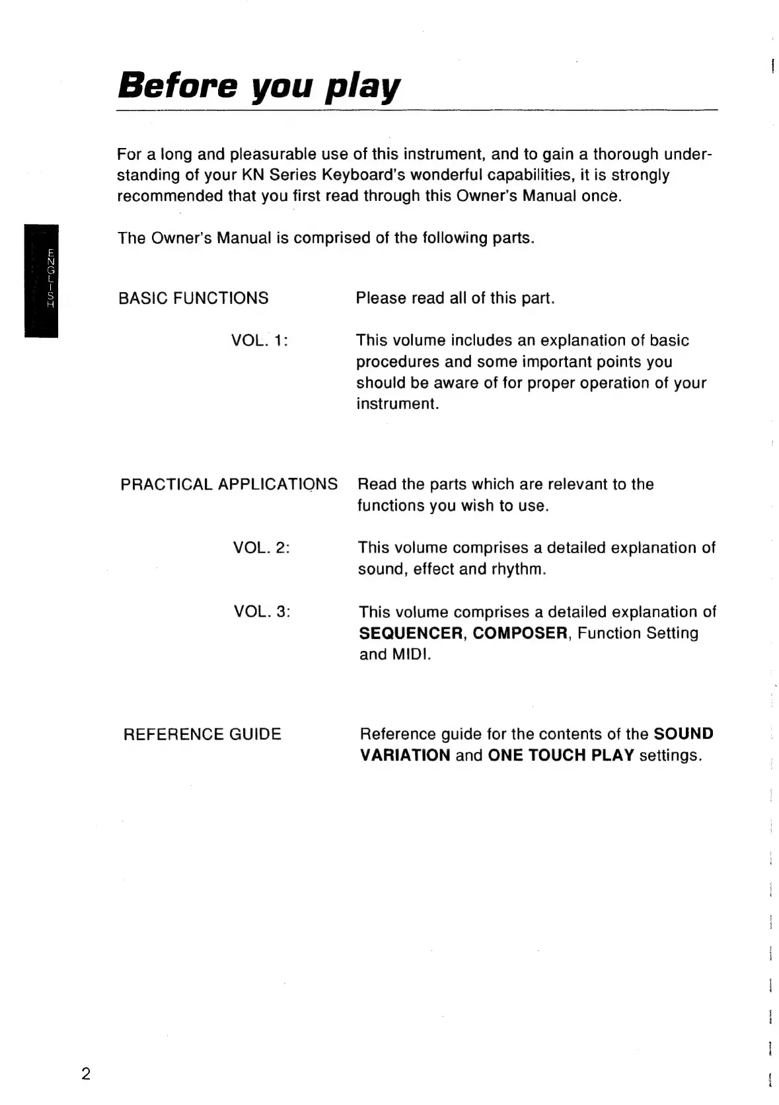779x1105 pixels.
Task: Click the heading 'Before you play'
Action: click(x=259, y=87)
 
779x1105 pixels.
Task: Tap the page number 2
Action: click(x=85, y=1073)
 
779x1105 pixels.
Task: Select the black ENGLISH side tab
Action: click(x=42, y=281)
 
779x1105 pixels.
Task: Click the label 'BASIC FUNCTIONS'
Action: click(x=193, y=298)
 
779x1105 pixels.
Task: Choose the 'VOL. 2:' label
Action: click(x=262, y=548)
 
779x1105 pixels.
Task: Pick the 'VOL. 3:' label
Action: click(x=262, y=611)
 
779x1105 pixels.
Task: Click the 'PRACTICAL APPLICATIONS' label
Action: click(x=229, y=484)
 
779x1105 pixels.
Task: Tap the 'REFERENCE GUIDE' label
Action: click(x=202, y=734)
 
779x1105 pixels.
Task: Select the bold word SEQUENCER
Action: click(x=411, y=633)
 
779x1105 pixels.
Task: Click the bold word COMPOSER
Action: click(x=521, y=633)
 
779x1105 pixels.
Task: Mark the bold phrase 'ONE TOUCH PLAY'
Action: click(x=561, y=755)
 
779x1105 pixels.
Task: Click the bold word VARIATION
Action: click(x=405, y=755)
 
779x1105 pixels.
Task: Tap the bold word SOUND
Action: click(x=683, y=734)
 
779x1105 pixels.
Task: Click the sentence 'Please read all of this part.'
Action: click(x=455, y=298)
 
